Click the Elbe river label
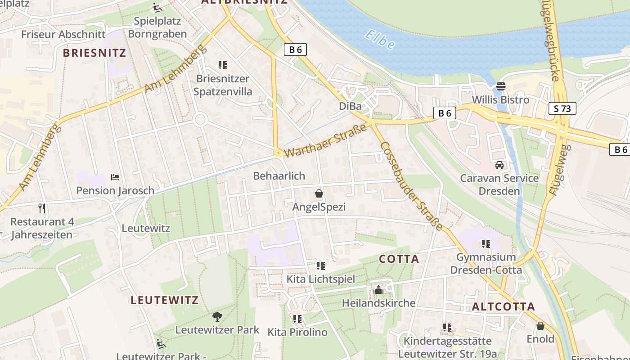[380, 40]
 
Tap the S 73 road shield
[562, 108]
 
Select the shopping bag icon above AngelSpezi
[319, 193]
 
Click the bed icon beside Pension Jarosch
[115, 177]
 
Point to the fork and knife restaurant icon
[42, 208]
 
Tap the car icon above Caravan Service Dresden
[499, 165]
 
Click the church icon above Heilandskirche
[378, 289]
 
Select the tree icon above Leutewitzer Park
[217, 316]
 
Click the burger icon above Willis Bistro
[500, 86]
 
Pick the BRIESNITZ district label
[94, 53]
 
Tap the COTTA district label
[399, 259]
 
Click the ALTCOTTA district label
[503, 307]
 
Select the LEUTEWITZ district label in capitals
[164, 300]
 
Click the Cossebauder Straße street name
[411, 185]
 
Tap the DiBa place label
[350, 106]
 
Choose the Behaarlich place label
[279, 176]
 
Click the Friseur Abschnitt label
[63, 34]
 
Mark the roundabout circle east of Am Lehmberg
[200, 119]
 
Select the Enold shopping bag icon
[540, 326]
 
